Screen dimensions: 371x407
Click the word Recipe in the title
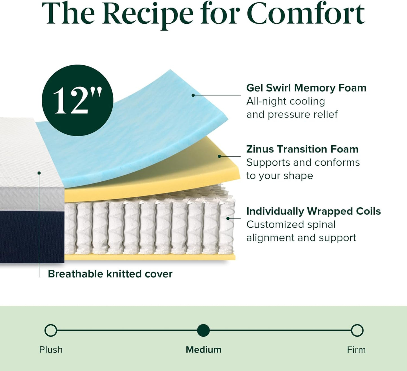148,14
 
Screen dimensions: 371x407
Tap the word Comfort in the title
306,14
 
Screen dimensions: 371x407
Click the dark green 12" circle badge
77,100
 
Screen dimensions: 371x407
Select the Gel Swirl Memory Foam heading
306,88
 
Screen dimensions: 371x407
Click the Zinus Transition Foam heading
302,149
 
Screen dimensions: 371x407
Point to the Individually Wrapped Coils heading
313,211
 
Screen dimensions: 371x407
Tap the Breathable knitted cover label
110,274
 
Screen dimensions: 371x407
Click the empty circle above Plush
51,330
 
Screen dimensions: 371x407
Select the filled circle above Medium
203,330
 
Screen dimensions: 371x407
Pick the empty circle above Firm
357,330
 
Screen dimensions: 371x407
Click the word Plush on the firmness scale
51,350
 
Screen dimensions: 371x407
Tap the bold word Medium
203,350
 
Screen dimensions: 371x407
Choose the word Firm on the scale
356,350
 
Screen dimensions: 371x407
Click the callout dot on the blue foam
193,95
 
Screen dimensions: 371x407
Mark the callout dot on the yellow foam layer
219,156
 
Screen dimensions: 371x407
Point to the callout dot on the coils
228,218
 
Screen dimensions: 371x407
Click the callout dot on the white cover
39,173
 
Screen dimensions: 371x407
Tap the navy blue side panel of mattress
31,237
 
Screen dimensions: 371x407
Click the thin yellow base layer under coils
149,257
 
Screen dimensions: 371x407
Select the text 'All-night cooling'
286,101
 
